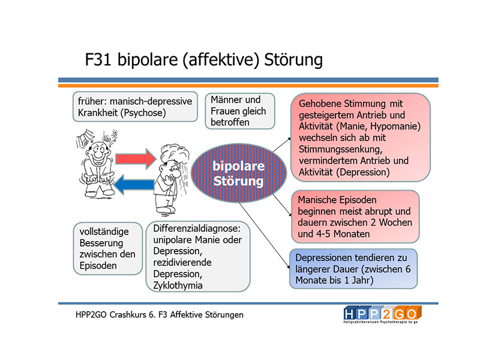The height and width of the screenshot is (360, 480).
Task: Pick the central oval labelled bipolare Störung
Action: [x=238, y=173]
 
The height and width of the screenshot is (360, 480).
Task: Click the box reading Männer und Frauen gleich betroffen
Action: [x=239, y=111]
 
